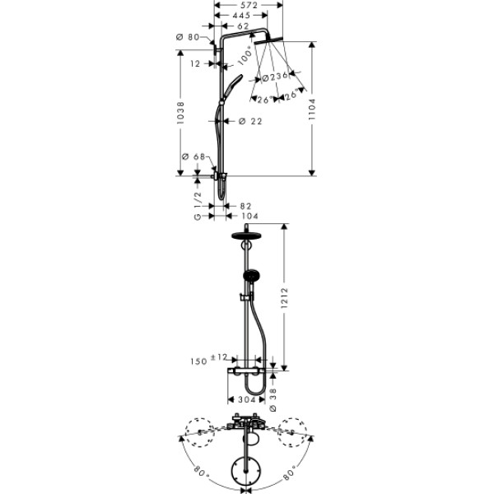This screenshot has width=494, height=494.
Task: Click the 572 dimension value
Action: click(x=247, y=5)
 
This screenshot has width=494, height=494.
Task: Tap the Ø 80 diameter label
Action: click(x=189, y=36)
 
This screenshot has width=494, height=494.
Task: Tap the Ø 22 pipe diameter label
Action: click(x=251, y=122)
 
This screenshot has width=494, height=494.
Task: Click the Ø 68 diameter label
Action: click(x=189, y=156)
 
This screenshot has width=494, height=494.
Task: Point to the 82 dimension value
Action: click(x=245, y=205)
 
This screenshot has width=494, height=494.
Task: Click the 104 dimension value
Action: click(x=249, y=216)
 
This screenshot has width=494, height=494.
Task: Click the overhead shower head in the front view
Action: click(x=247, y=240)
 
